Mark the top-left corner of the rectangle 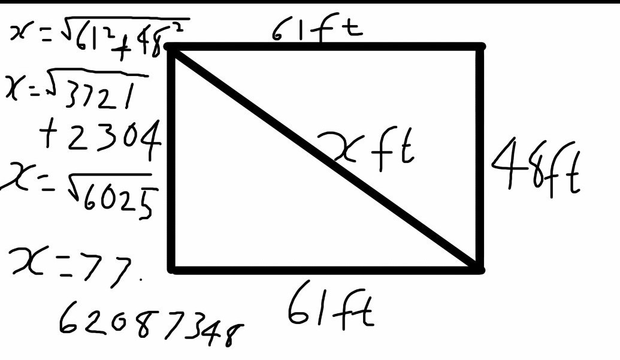coord(173,48)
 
